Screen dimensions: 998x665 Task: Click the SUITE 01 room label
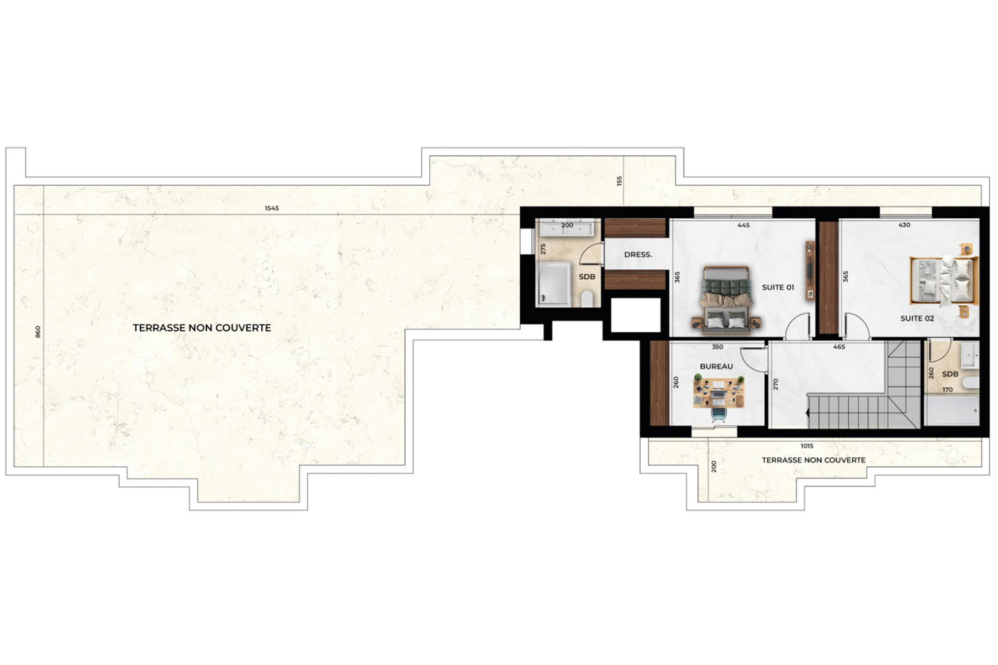coord(778,287)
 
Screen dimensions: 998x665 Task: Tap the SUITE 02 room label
coord(918,318)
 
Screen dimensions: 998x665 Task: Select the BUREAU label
coord(717,366)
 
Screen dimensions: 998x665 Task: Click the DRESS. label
coord(638,255)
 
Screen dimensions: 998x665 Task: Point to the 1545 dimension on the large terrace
coord(272,208)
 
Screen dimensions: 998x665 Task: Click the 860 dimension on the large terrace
coord(38,332)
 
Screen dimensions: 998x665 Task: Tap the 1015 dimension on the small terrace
coord(807,446)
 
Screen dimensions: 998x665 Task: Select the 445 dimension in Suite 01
coord(744,225)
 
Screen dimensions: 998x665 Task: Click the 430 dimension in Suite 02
coord(904,225)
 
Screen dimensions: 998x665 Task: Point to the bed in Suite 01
coord(726,299)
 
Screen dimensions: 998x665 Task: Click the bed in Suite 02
coord(944,281)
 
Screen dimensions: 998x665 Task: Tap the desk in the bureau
coord(719,391)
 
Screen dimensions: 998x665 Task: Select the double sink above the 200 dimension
coord(567,228)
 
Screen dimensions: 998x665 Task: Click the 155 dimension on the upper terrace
coord(619,181)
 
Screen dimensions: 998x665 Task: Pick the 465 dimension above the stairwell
coord(839,347)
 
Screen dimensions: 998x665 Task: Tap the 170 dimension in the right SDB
coord(947,390)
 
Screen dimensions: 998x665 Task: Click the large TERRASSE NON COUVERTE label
coord(202,328)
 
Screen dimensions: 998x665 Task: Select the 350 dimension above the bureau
coord(717,347)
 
